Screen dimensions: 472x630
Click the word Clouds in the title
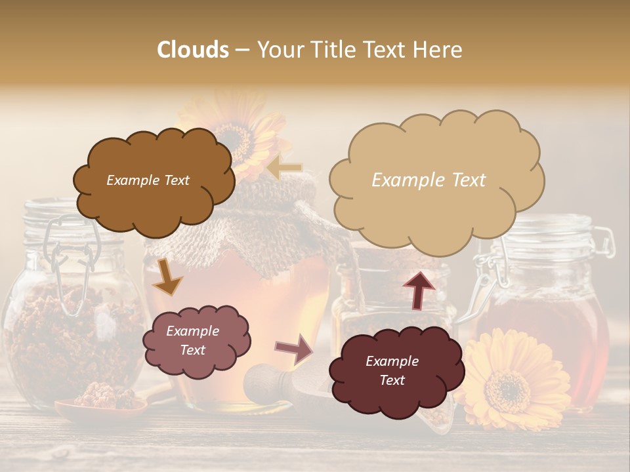193,50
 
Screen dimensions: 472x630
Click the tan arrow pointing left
283,168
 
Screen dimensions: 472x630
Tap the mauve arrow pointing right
295,349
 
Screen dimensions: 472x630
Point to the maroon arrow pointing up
418,289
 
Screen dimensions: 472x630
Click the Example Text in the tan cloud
429,180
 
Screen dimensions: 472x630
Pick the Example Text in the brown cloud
148,180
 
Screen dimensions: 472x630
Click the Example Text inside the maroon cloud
392,370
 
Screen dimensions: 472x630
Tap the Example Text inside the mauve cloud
192,340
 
